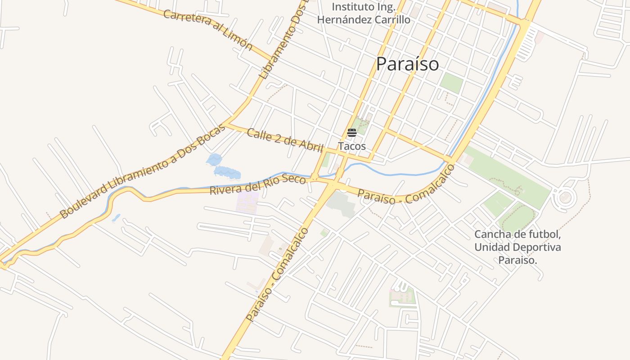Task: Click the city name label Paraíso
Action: pyautogui.click(x=407, y=64)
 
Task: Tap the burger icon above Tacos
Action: pyautogui.click(x=352, y=133)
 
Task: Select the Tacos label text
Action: pyautogui.click(x=352, y=146)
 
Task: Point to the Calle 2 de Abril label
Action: pyautogui.click(x=285, y=140)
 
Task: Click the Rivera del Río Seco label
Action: pyautogui.click(x=258, y=184)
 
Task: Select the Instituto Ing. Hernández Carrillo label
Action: pyautogui.click(x=364, y=13)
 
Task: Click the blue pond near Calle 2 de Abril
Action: pyautogui.click(x=214, y=159)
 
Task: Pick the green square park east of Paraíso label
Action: pyautogui.click(x=451, y=83)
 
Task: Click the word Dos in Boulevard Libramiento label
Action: pyautogui.click(x=195, y=145)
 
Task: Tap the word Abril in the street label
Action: pyautogui.click(x=311, y=147)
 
